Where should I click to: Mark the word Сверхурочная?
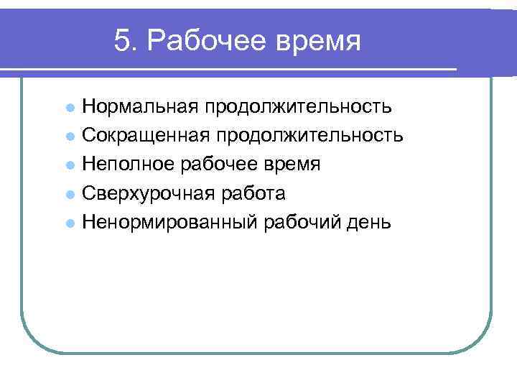(x=144, y=194)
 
